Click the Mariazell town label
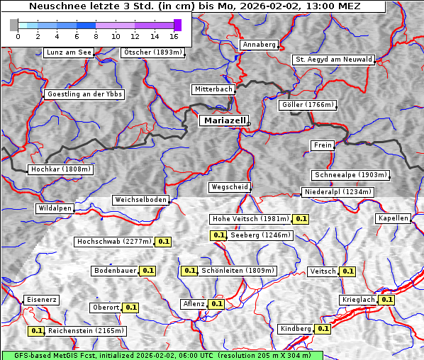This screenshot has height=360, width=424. click(x=223, y=120)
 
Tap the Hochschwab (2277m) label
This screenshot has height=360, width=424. click(x=114, y=242)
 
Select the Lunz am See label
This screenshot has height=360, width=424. click(x=69, y=52)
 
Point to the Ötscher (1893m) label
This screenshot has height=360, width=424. click(x=152, y=52)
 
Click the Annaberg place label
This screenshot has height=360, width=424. click(x=259, y=45)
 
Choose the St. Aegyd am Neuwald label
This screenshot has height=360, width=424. click(x=333, y=60)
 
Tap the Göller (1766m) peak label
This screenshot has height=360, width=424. click(x=308, y=105)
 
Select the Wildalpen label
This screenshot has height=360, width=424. click(x=55, y=208)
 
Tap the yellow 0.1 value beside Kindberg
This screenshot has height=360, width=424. click(x=323, y=329)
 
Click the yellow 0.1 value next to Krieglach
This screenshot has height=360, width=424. click(x=386, y=300)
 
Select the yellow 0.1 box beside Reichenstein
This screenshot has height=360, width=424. click(x=37, y=331)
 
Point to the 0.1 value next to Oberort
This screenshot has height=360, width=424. click(x=131, y=308)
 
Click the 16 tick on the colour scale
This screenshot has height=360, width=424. click(x=174, y=35)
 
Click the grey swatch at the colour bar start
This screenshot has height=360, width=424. click(x=14, y=25)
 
